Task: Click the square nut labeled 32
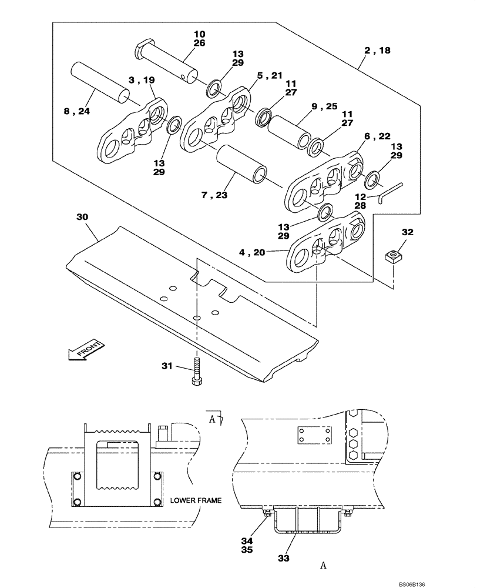(x=392, y=256)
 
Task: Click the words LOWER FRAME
(x=196, y=500)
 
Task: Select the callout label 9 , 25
(x=324, y=106)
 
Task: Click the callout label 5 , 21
(x=269, y=75)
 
